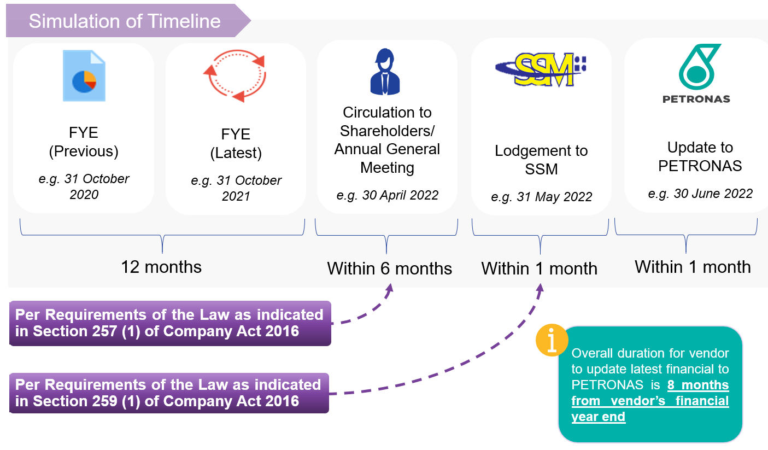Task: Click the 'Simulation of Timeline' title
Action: [125, 21]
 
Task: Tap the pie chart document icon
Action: [84, 76]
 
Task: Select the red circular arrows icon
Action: [234, 76]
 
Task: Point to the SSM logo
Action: [541, 70]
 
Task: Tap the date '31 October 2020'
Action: [84, 186]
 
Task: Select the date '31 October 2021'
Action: [236, 188]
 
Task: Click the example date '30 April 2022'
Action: [388, 195]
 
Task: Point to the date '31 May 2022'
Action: [541, 197]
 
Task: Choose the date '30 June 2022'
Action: [700, 193]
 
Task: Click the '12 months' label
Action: [161, 267]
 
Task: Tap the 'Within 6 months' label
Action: [389, 268]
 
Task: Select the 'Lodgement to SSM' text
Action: [541, 160]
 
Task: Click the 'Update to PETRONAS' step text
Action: [700, 156]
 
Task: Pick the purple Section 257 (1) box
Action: [170, 323]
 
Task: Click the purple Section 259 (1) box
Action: [169, 393]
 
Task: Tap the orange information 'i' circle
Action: [552, 340]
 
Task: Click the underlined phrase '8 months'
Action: [698, 385]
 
